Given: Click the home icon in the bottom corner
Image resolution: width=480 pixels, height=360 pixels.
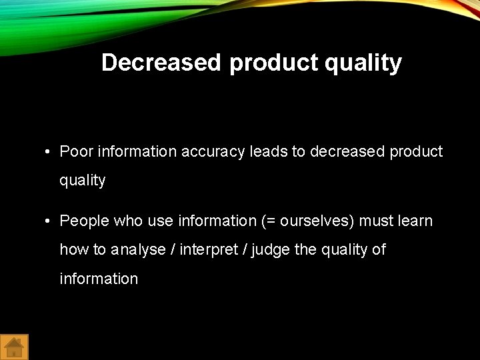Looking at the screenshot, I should (14, 347).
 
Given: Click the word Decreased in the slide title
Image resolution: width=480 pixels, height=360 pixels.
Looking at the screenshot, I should (161, 63).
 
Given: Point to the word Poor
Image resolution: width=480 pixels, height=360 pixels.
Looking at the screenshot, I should (77, 152).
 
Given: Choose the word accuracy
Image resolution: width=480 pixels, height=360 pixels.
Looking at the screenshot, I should (214, 152).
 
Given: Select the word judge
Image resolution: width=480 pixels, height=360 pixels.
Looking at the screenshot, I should (271, 250).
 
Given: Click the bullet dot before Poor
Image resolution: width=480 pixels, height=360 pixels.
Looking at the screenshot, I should (49, 153).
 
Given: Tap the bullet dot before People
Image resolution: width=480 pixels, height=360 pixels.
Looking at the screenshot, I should (49, 221).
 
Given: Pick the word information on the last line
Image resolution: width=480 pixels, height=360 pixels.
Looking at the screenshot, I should (99, 279).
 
